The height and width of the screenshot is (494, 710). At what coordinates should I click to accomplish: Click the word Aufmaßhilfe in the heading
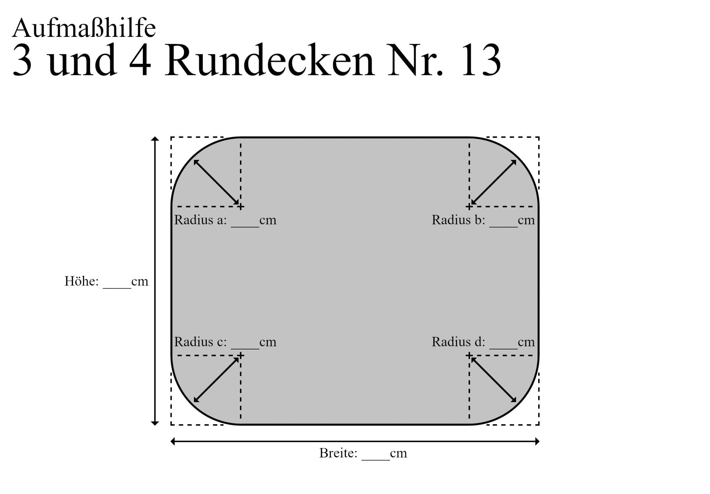pyautogui.click(x=84, y=28)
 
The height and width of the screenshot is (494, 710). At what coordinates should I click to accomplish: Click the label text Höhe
pyautogui.click(x=81, y=282)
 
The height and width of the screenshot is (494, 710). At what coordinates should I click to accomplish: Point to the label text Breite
pyautogui.click(x=338, y=453)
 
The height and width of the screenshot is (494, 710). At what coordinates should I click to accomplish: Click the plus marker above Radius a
pyautogui.click(x=241, y=207)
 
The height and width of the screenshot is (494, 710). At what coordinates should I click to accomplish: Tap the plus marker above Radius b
pyautogui.click(x=469, y=207)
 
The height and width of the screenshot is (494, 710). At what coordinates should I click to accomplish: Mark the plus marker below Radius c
pyautogui.click(x=241, y=356)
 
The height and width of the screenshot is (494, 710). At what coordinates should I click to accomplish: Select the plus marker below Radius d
pyautogui.click(x=469, y=356)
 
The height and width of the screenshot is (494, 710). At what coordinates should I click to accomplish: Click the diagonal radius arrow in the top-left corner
pyautogui.click(x=216, y=182)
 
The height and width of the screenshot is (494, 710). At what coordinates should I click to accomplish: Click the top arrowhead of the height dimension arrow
pyautogui.click(x=155, y=139)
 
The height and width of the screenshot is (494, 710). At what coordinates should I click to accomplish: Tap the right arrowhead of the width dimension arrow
pyautogui.click(x=537, y=441)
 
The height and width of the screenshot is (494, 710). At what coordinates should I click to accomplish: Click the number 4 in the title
pyautogui.click(x=140, y=61)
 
